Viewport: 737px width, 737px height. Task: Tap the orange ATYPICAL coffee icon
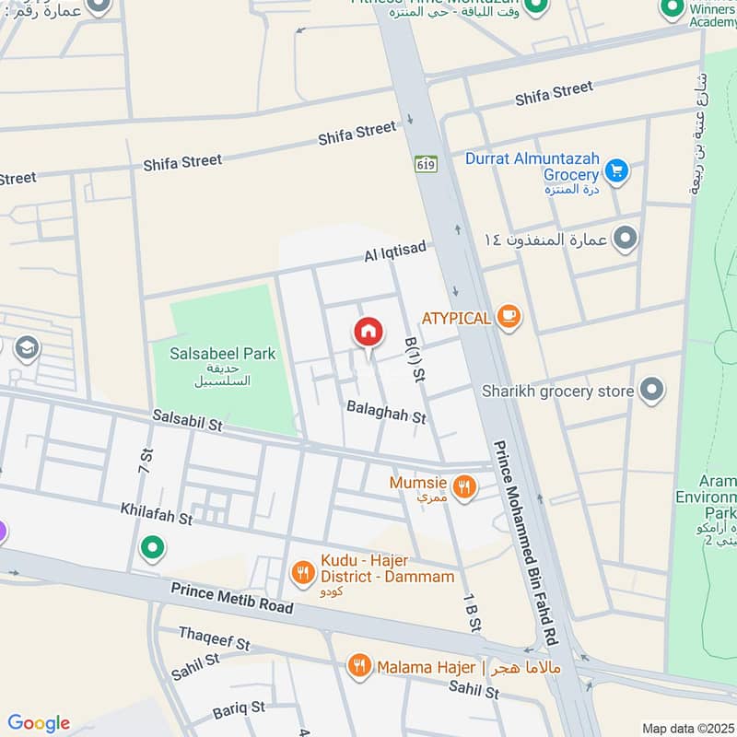point(508,317)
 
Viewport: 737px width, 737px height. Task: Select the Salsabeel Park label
point(222,353)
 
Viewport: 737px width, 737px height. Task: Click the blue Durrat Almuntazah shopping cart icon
point(616,170)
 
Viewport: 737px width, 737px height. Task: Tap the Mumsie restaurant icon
point(465,485)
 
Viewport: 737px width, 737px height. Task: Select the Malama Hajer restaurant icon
point(359,665)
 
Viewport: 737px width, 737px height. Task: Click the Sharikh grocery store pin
point(652,391)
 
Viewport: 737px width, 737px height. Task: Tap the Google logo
point(39,723)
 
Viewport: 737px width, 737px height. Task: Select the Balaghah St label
point(386,411)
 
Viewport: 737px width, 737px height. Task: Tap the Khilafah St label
point(156,513)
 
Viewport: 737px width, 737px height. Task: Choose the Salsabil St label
point(189,421)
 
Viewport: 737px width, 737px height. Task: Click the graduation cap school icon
point(27,349)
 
